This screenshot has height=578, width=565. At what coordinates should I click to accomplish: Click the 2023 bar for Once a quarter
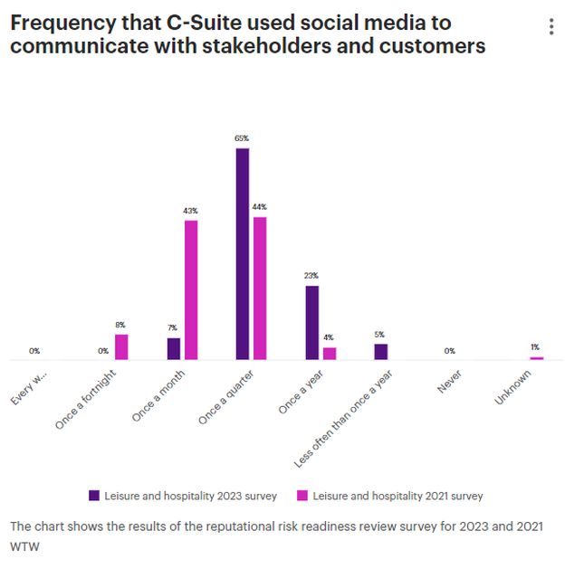pos(242,254)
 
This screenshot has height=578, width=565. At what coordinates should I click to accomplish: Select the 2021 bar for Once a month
pos(190,289)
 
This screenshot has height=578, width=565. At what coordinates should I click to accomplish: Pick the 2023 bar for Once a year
pos(311,323)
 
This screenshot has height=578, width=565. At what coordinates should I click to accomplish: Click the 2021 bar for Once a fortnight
pos(121,347)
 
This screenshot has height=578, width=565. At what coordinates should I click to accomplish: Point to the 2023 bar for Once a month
pos(173,349)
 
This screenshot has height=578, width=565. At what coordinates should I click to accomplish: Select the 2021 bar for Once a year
pos(330,354)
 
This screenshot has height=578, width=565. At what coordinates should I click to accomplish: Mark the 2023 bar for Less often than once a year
pos(381,352)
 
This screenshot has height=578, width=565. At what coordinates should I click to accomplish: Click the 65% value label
pos(242,138)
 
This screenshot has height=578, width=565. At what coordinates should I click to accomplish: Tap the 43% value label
pos(190,211)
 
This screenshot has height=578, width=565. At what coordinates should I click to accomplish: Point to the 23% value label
pos(311,276)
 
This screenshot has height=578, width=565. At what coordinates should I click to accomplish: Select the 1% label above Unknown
pos(536,347)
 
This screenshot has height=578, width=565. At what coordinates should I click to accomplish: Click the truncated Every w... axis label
pos(30,384)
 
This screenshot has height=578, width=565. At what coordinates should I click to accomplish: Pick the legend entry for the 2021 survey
pos(390,496)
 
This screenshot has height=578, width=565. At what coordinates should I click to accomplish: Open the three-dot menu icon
pos(551,28)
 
